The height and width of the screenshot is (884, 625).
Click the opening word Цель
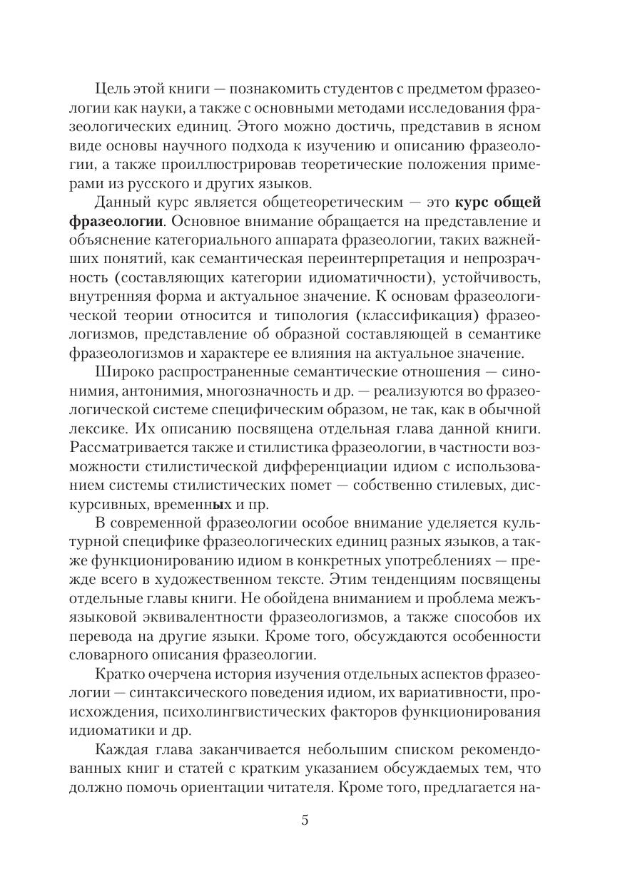point(111,91)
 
